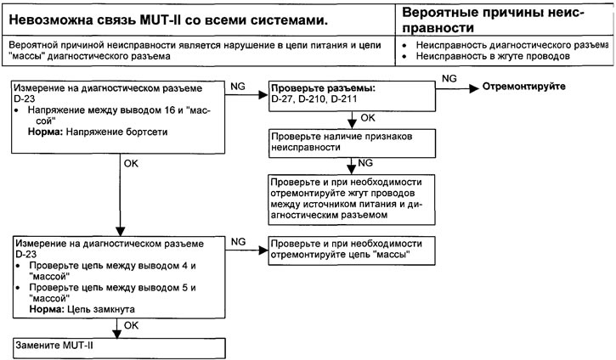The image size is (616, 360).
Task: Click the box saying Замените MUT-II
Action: pyautogui.click(x=119, y=348)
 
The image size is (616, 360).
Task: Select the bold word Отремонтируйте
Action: pyautogui.click(x=523, y=87)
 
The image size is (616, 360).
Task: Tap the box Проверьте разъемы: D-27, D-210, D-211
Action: pyautogui.click(x=352, y=96)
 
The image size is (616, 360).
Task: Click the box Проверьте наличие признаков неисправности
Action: pyautogui.click(x=352, y=143)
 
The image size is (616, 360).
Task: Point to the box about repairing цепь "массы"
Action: pyautogui.click(x=352, y=250)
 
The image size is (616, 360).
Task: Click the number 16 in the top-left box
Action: pyautogui.click(x=169, y=110)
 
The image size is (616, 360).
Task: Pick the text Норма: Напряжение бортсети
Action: pyautogui.click(x=98, y=132)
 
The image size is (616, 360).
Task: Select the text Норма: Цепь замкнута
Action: pyautogui.click(x=82, y=309)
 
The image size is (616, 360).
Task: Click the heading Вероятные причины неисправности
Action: pyautogui.click(x=493, y=20)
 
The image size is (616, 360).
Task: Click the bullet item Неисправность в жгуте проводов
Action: pyautogui.click(x=493, y=56)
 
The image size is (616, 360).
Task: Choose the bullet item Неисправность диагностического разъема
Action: pyautogui.click(x=511, y=45)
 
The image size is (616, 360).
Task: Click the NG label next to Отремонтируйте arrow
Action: pyautogui.click(x=449, y=78)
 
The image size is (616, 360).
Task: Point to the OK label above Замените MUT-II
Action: pyautogui.click(x=131, y=325)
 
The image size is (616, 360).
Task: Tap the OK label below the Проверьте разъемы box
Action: pyautogui.click(x=368, y=118)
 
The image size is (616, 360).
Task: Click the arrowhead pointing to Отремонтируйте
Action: pyautogui.click(x=474, y=88)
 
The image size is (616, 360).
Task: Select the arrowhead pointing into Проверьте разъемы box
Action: pyautogui.click(x=263, y=94)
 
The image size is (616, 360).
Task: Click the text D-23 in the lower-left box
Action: pyautogui.click(x=26, y=255)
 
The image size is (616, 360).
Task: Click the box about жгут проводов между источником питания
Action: pyautogui.click(x=352, y=200)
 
